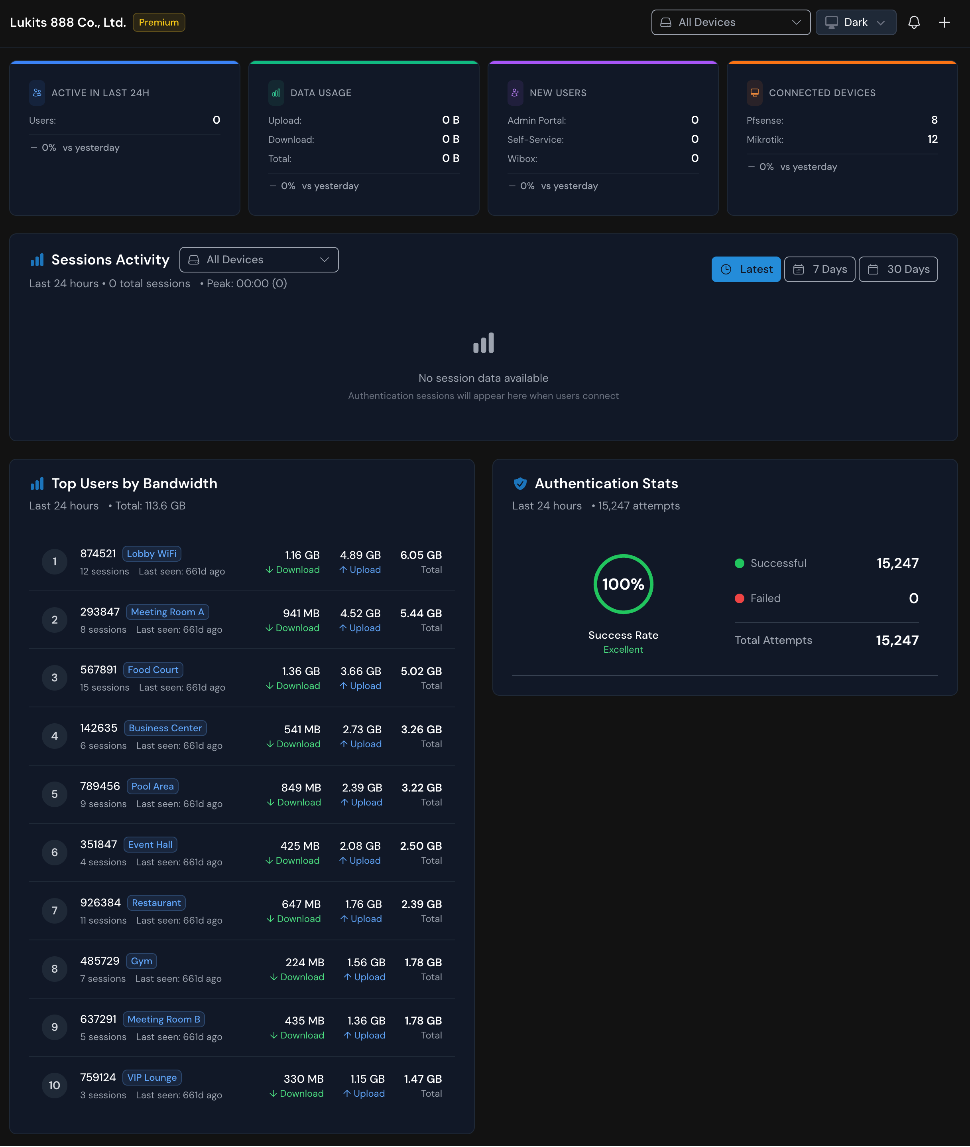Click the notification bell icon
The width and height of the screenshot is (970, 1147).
click(914, 23)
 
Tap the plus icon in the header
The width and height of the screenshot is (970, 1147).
click(944, 23)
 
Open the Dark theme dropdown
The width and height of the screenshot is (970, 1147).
click(856, 23)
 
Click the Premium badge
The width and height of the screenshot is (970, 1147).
click(159, 23)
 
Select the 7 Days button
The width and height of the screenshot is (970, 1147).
click(819, 269)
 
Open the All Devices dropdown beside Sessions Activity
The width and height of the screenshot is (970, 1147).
click(259, 260)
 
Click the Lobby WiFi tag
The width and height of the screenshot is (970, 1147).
click(152, 553)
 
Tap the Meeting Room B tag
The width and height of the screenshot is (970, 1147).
click(164, 1019)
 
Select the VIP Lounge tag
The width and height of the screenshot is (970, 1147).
click(152, 1078)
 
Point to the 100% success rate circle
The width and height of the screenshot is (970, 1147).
click(623, 584)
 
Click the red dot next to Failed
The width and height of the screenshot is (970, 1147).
click(740, 598)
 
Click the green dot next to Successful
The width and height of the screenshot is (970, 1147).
click(740, 563)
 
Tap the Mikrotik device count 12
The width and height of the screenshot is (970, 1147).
click(932, 139)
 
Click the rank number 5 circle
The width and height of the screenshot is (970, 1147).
click(55, 794)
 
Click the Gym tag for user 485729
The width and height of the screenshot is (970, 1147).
click(141, 961)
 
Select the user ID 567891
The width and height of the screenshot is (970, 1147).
click(98, 669)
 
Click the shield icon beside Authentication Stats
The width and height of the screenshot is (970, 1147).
click(519, 484)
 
